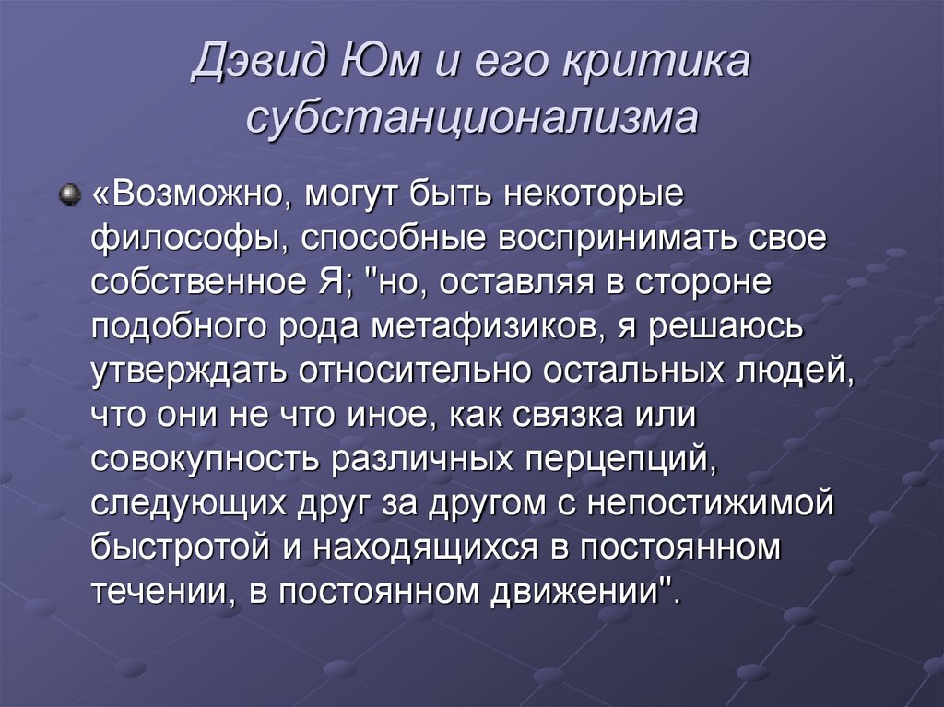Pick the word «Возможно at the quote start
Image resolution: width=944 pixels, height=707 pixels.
183,196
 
